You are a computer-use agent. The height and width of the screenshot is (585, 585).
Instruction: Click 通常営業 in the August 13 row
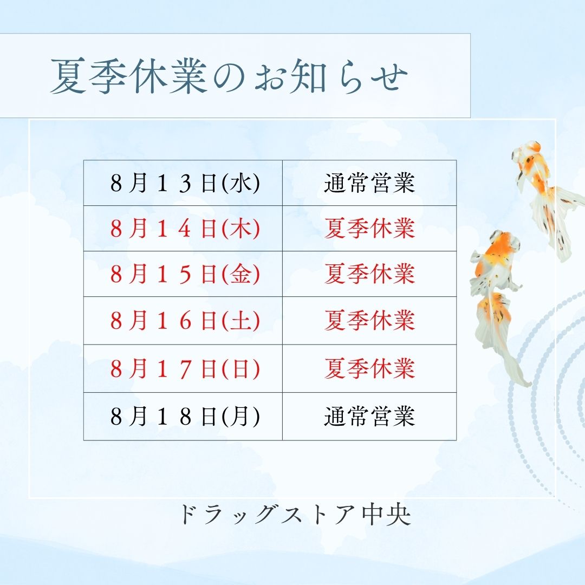pyautogui.click(x=369, y=183)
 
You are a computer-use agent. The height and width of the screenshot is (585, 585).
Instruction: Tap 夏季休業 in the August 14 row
pyautogui.click(x=369, y=229)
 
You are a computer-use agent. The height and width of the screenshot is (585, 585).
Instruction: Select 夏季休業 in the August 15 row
pyautogui.click(x=369, y=274)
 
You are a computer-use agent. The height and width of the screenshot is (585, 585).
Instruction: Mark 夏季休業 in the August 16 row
pyautogui.click(x=369, y=321)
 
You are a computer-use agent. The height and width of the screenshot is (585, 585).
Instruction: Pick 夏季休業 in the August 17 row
pyautogui.click(x=369, y=368)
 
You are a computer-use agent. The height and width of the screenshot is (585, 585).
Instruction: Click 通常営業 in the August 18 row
pyautogui.click(x=369, y=416)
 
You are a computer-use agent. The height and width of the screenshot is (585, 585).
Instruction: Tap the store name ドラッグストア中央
pyautogui.click(x=295, y=515)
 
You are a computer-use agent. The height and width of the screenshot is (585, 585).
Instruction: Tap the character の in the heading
pyautogui.click(x=230, y=77)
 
